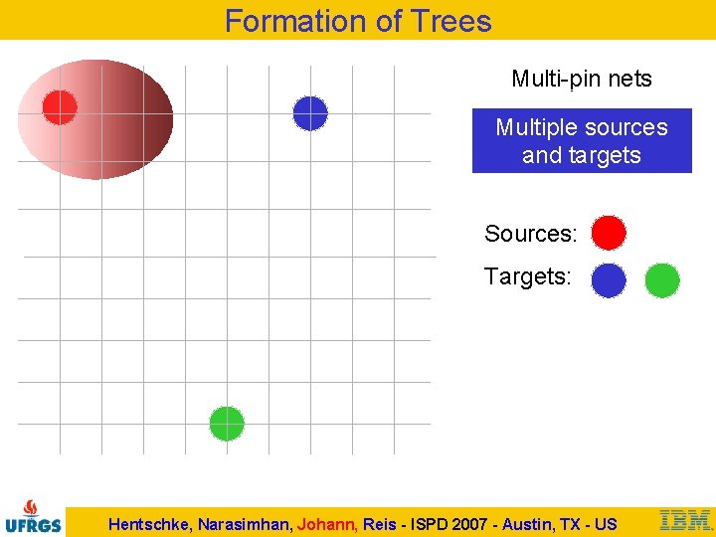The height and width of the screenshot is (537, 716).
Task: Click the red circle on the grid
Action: pyautogui.click(x=60, y=107)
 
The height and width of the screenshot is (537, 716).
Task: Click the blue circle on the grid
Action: pyautogui.click(x=310, y=113)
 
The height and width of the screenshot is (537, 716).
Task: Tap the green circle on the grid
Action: pyautogui.click(x=227, y=424)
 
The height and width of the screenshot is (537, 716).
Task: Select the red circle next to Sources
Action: pyautogui.click(x=609, y=233)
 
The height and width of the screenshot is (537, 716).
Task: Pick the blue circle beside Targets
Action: pyautogui.click(x=609, y=280)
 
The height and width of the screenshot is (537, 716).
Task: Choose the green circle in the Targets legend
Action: pyautogui.click(x=662, y=280)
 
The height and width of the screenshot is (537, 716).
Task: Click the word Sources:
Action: pyautogui.click(x=530, y=234)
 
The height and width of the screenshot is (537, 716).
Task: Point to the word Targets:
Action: pyautogui.click(x=527, y=276)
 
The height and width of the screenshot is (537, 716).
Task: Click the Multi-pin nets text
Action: pyautogui.click(x=581, y=79)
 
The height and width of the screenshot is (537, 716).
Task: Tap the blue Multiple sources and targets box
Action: pyautogui.click(x=581, y=141)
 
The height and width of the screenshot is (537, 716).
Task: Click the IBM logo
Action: pyautogui.click(x=686, y=520)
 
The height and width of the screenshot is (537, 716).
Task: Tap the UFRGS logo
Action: pyautogui.click(x=33, y=516)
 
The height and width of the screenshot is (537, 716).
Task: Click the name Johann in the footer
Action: pyautogui.click(x=324, y=524)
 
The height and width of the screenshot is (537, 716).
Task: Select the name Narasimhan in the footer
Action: pyautogui.click(x=245, y=524)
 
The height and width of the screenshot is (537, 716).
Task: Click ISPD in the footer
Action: pyautogui.click(x=429, y=524)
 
